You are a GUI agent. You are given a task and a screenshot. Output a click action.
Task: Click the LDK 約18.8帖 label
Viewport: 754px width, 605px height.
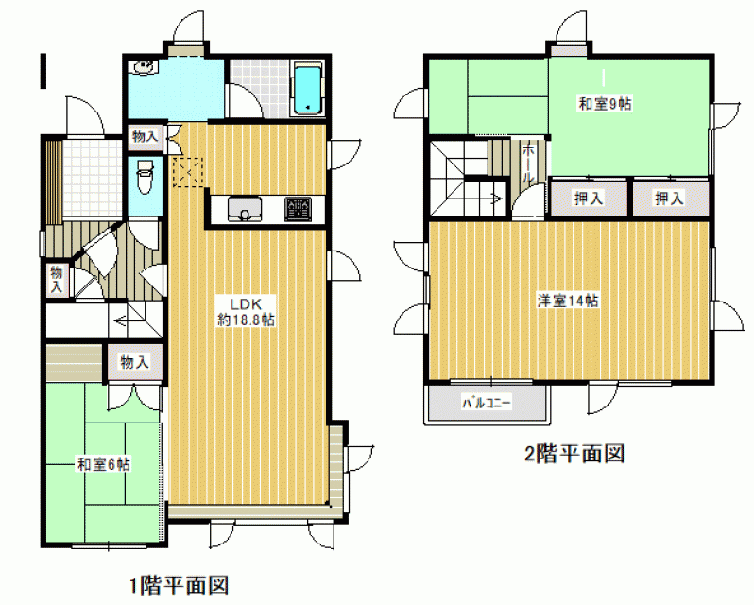coord(246,312)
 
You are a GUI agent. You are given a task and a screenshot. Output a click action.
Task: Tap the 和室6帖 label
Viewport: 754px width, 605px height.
coord(104,464)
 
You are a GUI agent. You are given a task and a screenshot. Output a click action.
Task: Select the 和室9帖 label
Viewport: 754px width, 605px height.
coord(605,103)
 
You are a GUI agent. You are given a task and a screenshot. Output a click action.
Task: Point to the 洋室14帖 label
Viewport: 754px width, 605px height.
coord(568,301)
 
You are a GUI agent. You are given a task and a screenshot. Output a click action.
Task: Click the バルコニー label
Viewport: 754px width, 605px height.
coord(487,402)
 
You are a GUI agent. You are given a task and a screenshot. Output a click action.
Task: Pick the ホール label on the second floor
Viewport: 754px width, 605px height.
coord(527,164)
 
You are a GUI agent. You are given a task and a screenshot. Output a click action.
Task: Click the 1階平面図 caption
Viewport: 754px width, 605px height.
coord(179,585)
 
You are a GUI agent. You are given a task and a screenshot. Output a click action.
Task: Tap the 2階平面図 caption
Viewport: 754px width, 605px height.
coord(574,454)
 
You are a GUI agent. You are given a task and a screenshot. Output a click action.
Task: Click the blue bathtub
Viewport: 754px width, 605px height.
coord(307,90)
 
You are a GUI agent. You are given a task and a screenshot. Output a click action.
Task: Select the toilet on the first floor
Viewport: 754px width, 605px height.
coord(145,177)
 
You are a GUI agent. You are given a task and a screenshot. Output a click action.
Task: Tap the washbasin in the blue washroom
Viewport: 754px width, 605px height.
coord(144,67)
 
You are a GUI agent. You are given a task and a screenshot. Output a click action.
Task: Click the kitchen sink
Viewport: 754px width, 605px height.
coord(245,209)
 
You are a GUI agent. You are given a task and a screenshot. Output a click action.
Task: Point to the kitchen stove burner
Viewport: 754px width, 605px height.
coord(299,209)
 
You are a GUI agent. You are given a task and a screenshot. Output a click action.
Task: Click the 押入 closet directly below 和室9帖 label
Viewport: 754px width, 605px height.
coord(588,198)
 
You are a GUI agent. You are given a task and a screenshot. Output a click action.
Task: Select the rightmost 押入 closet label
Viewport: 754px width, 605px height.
coord(669,198)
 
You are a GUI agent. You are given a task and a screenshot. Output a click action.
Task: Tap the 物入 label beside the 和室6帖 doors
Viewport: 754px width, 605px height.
coord(134,361)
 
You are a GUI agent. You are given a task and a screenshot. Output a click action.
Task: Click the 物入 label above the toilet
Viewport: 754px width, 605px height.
coord(145,136)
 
